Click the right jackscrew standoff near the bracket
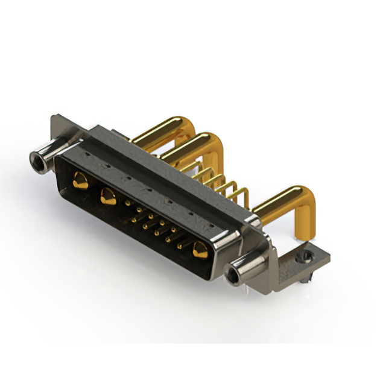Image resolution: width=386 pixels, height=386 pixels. pyautogui.click(x=247, y=268)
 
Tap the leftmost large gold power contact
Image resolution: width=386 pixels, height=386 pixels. pyautogui.click(x=79, y=179)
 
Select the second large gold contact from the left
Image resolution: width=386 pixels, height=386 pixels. pyautogui.click(x=109, y=195)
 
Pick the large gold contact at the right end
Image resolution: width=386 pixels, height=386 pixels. pyautogui.click(x=198, y=249)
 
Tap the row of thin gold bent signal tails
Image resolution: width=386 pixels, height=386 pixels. pyautogui.click(x=232, y=187)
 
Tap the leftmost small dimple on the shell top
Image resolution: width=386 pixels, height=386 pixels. pyautogui.click(x=89, y=155)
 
